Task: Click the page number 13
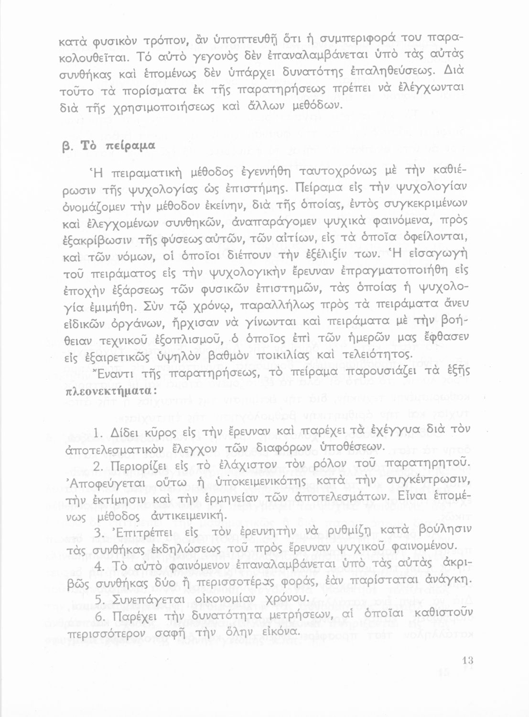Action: tap(467, 662)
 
